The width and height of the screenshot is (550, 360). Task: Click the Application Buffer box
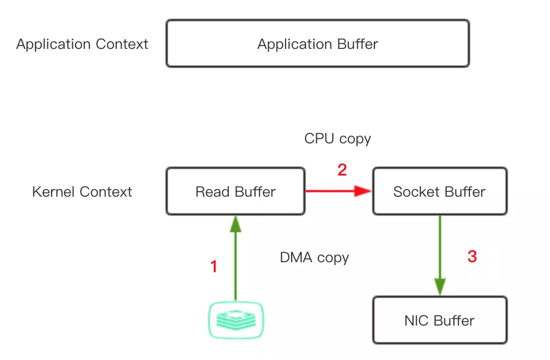317,44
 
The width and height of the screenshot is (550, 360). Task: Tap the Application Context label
82,44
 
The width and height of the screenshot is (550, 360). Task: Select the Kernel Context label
82,192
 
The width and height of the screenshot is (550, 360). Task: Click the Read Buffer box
235,192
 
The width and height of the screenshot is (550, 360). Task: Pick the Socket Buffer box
439,192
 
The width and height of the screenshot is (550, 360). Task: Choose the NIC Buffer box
439,321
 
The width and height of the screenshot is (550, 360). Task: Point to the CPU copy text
337,138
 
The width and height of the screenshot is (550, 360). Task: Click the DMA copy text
314,258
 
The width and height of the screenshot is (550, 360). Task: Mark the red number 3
472,257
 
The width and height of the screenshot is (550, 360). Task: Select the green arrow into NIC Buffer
440,256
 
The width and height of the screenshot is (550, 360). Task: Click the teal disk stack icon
235,319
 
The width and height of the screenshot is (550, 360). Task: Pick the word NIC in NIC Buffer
417,321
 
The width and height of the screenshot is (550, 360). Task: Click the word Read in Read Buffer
208,192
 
